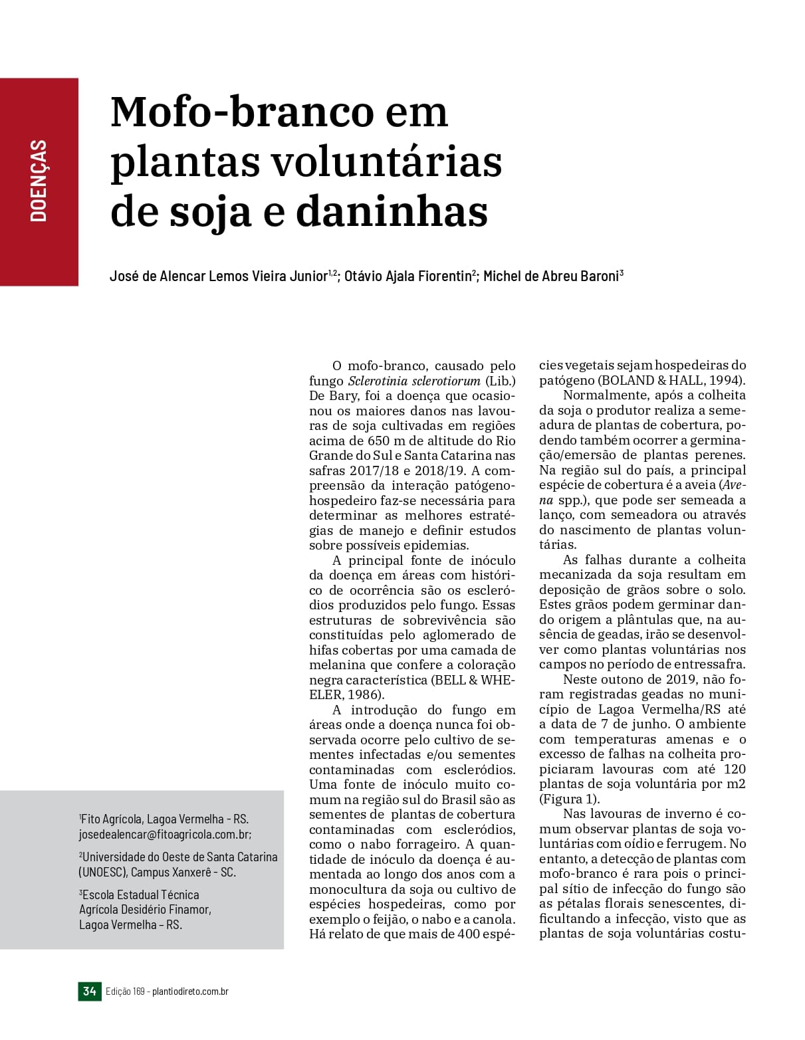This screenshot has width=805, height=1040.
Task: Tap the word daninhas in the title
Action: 392,211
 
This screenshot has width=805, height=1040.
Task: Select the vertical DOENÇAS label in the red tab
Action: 39,180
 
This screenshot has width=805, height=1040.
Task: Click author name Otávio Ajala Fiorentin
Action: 407,276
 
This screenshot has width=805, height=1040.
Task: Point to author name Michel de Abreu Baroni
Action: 550,276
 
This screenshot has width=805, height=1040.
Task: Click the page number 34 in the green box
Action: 90,991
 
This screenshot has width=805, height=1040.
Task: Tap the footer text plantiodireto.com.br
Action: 190,991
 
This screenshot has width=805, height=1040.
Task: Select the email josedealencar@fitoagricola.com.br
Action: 165,834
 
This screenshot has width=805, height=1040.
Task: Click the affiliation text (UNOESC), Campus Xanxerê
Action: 157,872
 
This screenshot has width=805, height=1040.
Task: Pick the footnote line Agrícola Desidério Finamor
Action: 145,909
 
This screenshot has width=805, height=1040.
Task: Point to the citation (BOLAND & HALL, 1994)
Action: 671,380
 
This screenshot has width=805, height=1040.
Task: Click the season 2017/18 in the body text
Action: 373,470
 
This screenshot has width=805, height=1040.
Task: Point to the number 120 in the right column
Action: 735,769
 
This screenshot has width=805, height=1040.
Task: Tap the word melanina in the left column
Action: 338,665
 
